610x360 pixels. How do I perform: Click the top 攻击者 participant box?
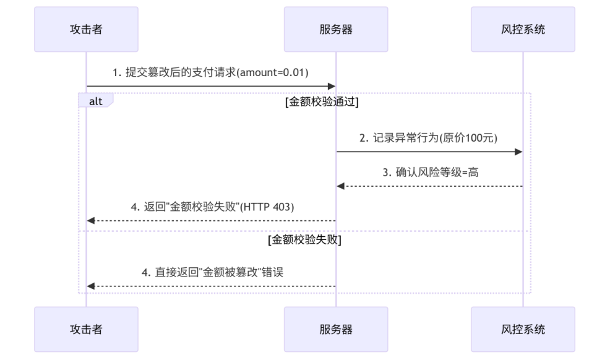click(x=86, y=29)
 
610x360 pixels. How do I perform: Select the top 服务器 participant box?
click(x=336, y=29)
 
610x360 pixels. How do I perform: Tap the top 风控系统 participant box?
click(x=523, y=29)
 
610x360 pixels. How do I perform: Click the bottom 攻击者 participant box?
click(x=86, y=329)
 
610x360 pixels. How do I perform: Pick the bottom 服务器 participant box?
click(x=336, y=329)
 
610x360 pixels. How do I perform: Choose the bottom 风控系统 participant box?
click(x=523, y=329)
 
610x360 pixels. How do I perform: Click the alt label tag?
click(x=95, y=101)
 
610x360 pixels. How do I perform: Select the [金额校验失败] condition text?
click(x=304, y=239)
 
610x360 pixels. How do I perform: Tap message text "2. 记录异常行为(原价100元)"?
click(x=429, y=138)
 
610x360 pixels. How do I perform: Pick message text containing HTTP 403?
click(x=212, y=207)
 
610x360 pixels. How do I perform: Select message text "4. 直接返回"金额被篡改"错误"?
click(x=212, y=272)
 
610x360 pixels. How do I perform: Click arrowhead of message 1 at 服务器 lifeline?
click(x=332, y=86)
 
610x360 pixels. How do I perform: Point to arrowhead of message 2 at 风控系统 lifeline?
click(x=519, y=152)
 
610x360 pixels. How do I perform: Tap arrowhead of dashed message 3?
click(x=340, y=186)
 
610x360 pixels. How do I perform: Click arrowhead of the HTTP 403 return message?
click(x=90, y=220)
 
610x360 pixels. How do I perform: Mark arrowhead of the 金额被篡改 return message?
click(x=90, y=286)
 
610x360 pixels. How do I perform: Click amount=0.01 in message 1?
click(x=273, y=72)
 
